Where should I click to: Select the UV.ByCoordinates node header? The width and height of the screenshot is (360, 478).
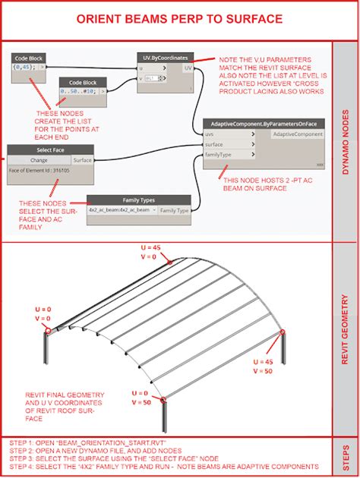[166, 57]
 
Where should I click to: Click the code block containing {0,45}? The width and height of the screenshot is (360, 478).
[28, 67]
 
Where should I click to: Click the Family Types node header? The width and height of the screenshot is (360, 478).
[138, 200]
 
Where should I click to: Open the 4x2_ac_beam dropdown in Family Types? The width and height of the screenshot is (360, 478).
[122, 209]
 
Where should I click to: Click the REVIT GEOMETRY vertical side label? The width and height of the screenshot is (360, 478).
[346, 341]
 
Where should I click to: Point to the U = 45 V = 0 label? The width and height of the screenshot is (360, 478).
[156, 253]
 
